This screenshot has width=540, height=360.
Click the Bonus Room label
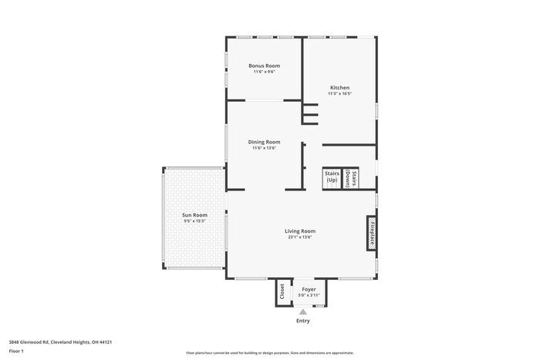[264, 66]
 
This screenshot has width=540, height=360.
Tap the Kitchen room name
[339, 88]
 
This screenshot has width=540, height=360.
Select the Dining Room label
[264, 142]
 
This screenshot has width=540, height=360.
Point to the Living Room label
[299, 230]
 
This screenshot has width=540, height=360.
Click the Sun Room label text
[194, 214]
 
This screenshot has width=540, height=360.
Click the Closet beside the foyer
[282, 291]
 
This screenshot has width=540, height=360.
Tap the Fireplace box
[371, 232]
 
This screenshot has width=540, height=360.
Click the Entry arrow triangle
[303, 311]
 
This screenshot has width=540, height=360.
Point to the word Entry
[303, 321]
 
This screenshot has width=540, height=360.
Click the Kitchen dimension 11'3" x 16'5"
[339, 94]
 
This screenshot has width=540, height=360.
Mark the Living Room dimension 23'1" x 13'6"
[299, 237]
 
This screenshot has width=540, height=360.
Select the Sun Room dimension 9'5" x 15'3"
[194, 220]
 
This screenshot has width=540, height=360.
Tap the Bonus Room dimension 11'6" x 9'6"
[264, 72]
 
